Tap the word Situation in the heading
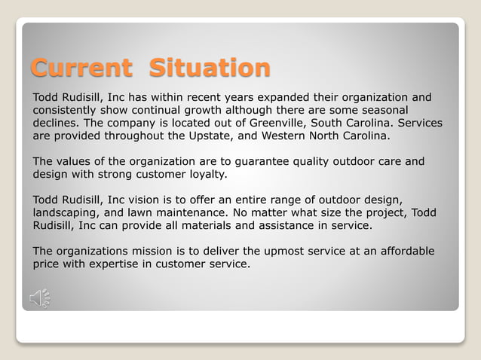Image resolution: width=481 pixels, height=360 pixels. pyautogui.click(x=209, y=68)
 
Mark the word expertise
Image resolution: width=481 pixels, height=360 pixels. pyautogui.click(x=117, y=264)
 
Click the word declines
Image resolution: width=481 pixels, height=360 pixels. pyautogui.click(x=57, y=123)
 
